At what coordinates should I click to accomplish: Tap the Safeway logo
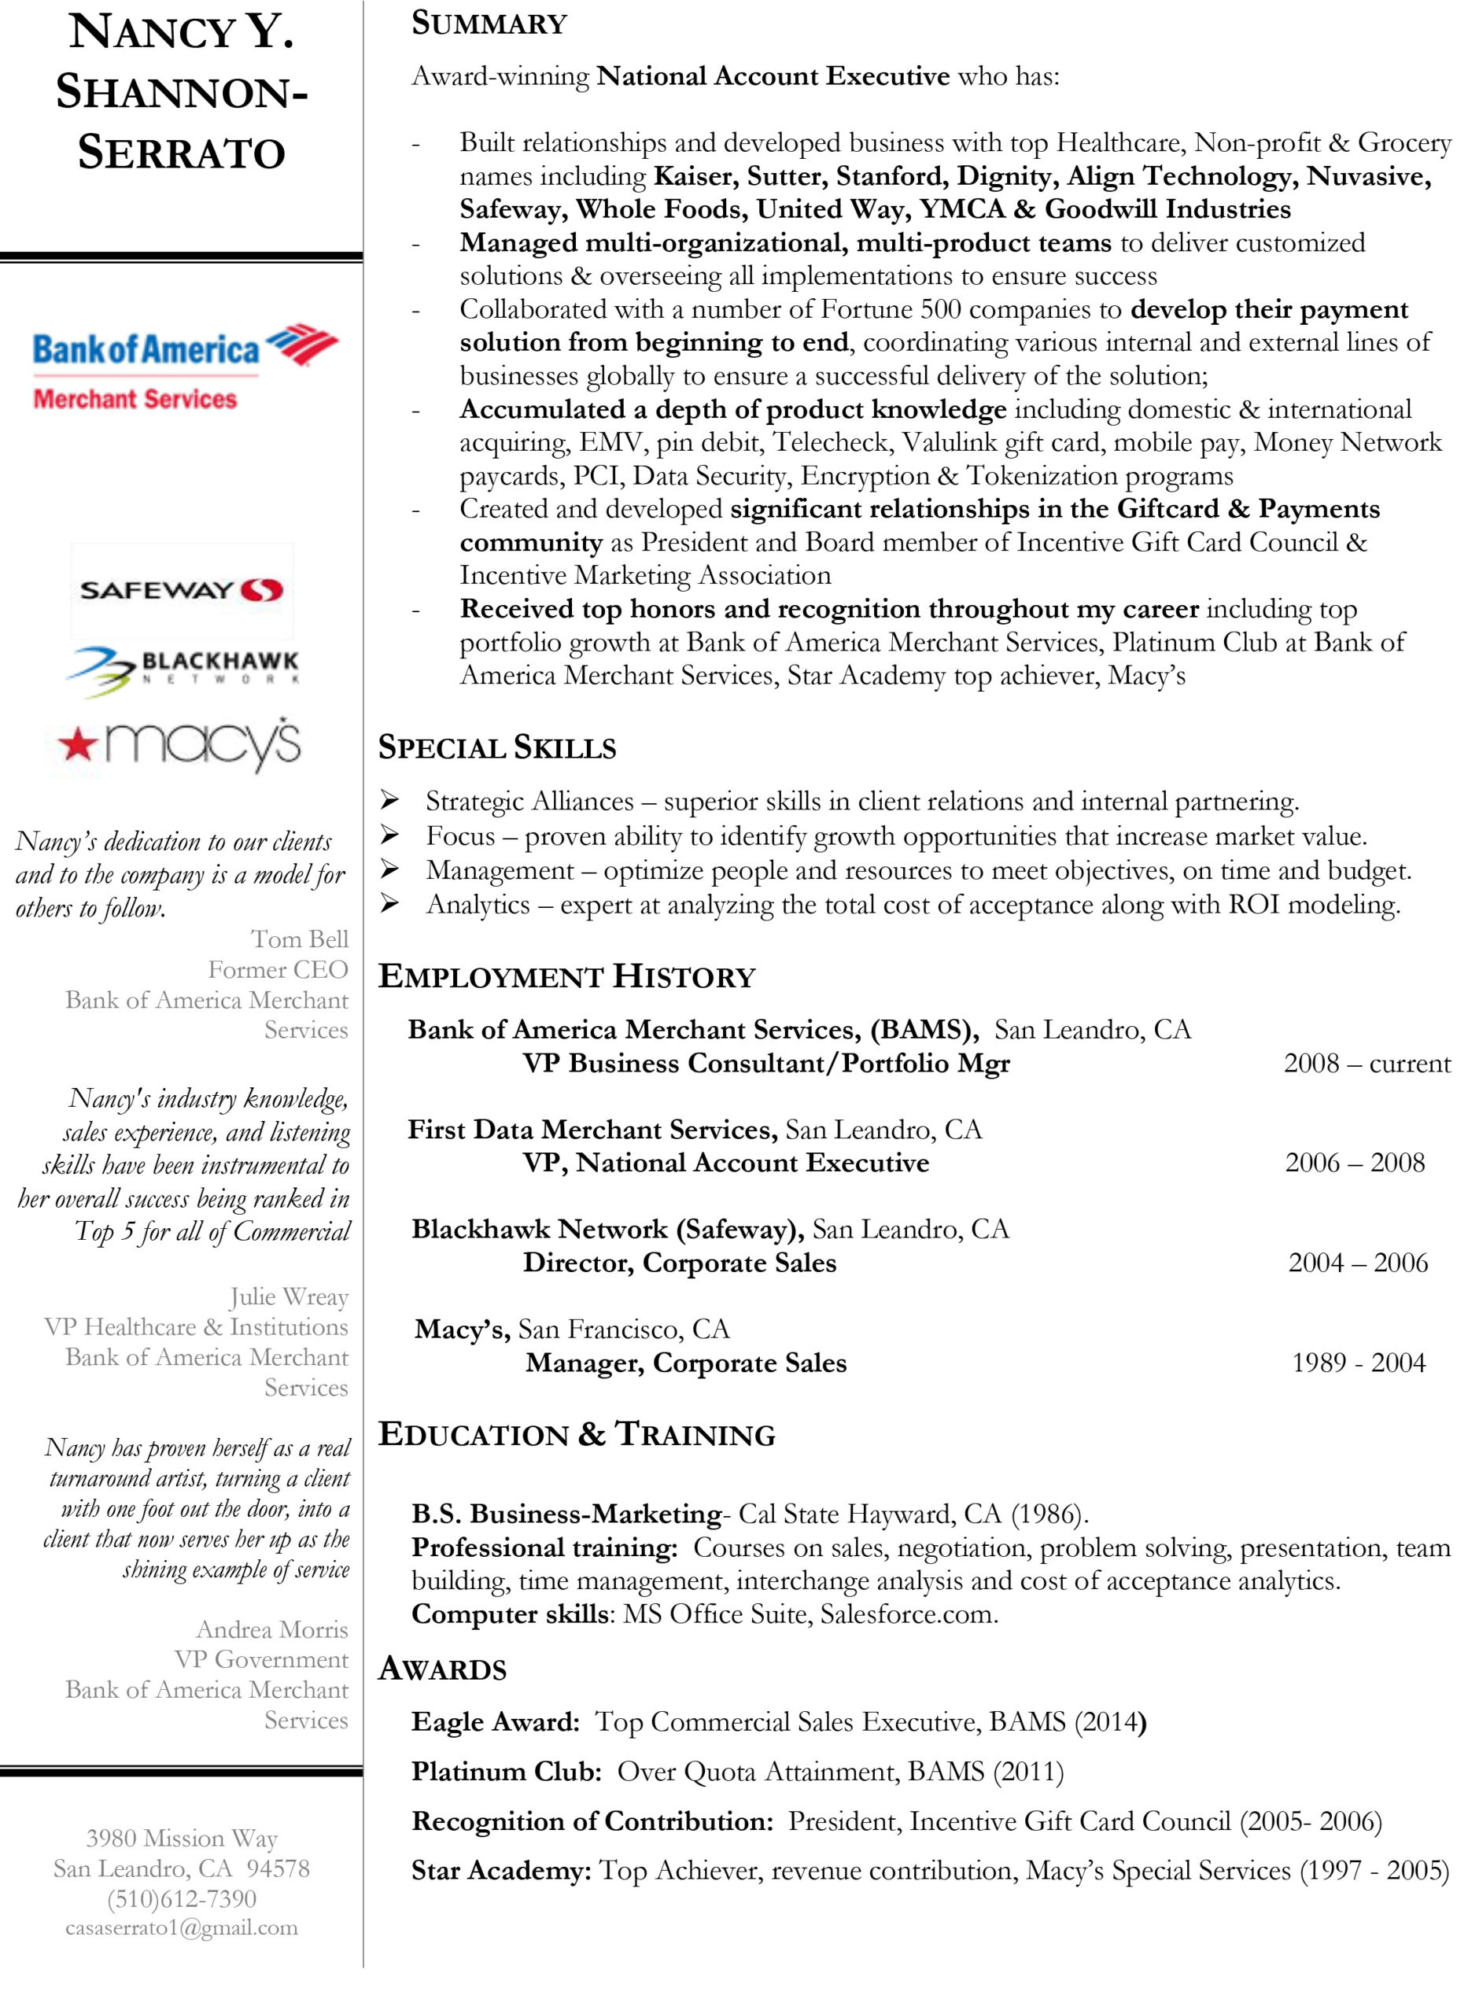click(x=182, y=590)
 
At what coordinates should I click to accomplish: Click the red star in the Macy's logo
click(x=77, y=743)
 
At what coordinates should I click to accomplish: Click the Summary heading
click(x=489, y=24)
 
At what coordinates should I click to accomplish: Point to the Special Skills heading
click(x=497, y=747)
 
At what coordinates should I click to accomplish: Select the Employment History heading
click(x=566, y=976)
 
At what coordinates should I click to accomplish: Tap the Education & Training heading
click(x=577, y=1434)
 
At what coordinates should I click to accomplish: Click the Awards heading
click(x=442, y=1669)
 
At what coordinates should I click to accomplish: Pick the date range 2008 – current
click(x=1367, y=1064)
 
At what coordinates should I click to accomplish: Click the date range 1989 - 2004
click(x=1358, y=1363)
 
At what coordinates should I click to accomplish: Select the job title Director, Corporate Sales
click(x=680, y=1263)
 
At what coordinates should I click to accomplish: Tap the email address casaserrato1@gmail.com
click(x=182, y=1927)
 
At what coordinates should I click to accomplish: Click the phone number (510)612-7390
click(x=182, y=1898)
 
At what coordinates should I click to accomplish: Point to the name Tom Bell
click(x=299, y=939)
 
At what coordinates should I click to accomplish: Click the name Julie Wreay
click(x=288, y=1297)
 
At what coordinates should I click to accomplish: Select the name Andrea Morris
click(x=271, y=1629)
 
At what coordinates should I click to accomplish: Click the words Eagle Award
click(x=495, y=1721)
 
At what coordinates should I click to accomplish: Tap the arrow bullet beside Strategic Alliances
click(x=389, y=799)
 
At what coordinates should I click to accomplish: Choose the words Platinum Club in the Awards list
click(x=506, y=1772)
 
